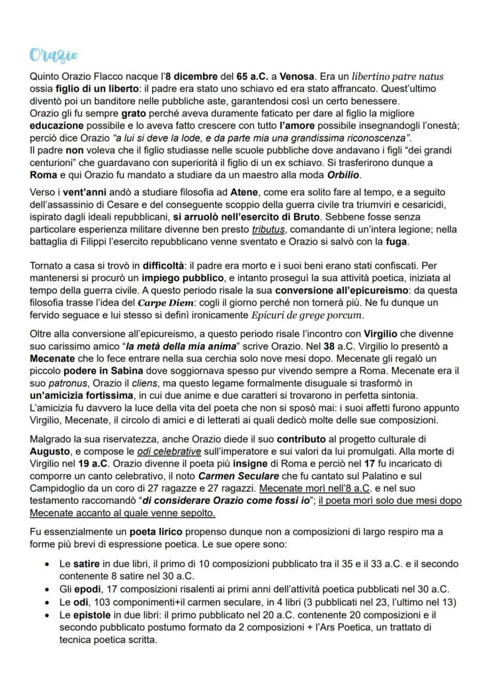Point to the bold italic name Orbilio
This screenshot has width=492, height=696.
343,176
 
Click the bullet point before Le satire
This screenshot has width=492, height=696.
46,563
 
